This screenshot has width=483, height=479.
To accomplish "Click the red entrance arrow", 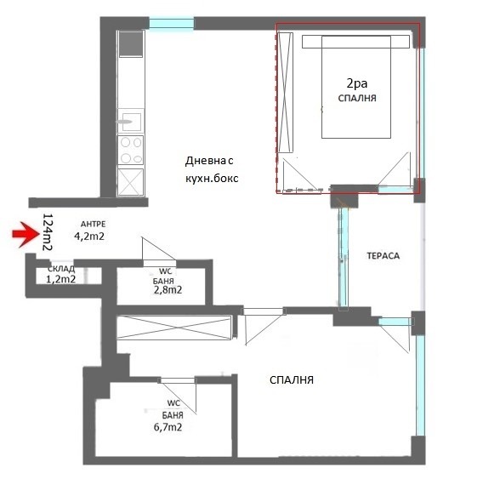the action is [x=26, y=234].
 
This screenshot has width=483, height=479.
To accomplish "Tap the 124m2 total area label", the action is [x=47, y=231].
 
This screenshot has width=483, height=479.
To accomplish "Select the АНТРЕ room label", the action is [x=93, y=224].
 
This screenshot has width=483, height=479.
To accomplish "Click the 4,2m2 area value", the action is [x=89, y=237].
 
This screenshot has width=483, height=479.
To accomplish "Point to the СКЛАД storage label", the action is [x=61, y=269].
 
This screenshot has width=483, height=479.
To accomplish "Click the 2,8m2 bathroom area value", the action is [x=168, y=290].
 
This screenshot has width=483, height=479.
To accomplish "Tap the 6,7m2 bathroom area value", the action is [x=168, y=427].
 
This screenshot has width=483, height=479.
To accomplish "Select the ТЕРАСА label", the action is [x=384, y=255].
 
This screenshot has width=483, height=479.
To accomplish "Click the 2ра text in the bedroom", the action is [x=357, y=83].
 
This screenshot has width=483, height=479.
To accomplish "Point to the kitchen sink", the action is [x=131, y=122].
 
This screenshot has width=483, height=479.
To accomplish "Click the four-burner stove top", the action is [x=131, y=150].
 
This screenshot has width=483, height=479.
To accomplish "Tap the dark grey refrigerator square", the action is [x=131, y=43].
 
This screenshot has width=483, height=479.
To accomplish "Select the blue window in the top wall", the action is [x=172, y=24].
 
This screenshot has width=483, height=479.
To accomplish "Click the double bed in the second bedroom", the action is [x=356, y=87].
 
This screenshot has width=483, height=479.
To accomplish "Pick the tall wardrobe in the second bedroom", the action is [x=285, y=93].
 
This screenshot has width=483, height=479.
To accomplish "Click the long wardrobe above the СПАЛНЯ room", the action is [x=174, y=328].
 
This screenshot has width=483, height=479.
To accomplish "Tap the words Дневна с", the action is [x=209, y=161].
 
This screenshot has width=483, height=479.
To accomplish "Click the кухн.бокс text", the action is [x=212, y=178].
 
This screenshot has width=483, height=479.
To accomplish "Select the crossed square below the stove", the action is [x=131, y=182].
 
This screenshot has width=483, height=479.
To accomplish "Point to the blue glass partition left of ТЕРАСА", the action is [x=344, y=259].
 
